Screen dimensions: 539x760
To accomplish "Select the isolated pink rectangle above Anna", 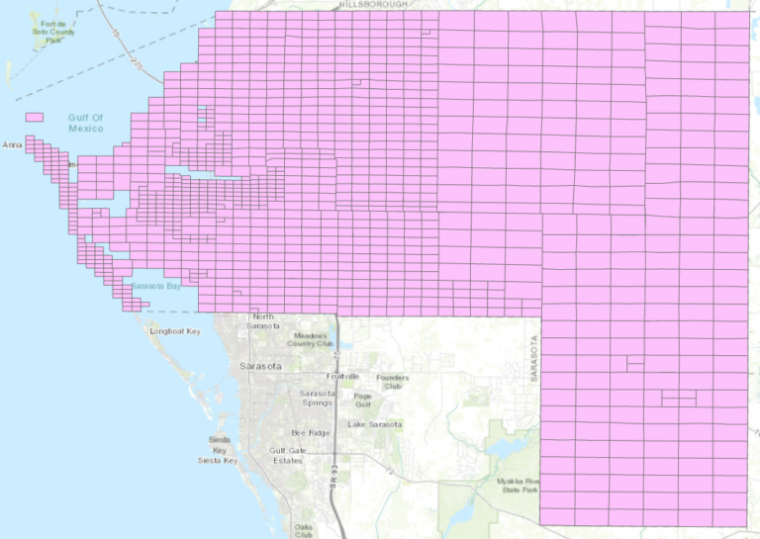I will [35, 117].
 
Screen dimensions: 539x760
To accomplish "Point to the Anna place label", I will [12, 145].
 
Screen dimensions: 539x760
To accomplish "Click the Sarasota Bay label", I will [155, 286].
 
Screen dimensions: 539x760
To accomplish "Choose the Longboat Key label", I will [175, 331].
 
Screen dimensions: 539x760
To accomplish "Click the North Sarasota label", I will [264, 321].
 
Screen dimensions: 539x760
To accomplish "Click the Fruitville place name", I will [342, 377].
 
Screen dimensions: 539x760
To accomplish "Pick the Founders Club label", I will [392, 381].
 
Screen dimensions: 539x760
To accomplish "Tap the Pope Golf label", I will [363, 400].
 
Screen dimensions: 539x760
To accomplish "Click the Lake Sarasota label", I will [374, 424].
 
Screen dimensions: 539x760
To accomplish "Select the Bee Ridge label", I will [308, 433].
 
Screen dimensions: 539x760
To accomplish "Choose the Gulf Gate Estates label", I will [286, 455].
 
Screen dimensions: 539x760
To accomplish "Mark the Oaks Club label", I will [304, 531].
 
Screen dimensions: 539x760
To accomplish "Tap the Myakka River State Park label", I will [519, 485].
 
